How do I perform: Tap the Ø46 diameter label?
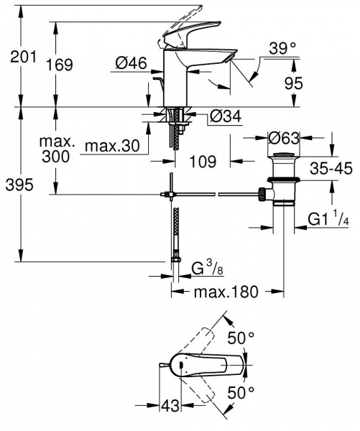(x=130, y=65)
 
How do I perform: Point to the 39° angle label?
(x=282, y=49)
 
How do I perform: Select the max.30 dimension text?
(x=111, y=147)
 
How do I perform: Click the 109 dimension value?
(x=203, y=162)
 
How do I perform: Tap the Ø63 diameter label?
(x=282, y=137)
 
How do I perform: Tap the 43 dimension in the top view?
(x=170, y=407)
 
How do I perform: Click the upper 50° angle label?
(x=241, y=336)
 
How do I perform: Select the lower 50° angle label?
(x=241, y=391)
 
